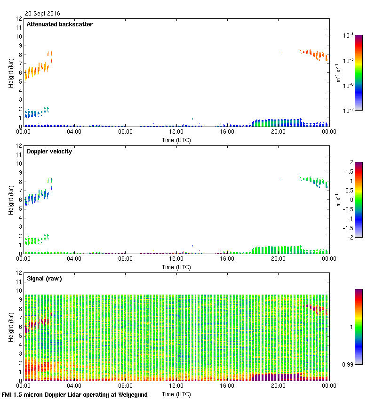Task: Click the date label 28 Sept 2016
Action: click(42, 14)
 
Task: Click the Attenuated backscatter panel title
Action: click(59, 24)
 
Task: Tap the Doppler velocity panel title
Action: click(49, 152)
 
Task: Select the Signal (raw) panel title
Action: click(44, 279)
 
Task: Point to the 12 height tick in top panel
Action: click(19, 19)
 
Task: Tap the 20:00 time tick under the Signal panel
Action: click(278, 386)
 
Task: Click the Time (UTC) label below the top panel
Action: click(176, 140)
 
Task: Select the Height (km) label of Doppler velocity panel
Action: click(10, 200)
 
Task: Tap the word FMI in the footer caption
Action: click(7, 395)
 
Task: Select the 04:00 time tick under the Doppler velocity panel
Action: click(74, 259)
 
